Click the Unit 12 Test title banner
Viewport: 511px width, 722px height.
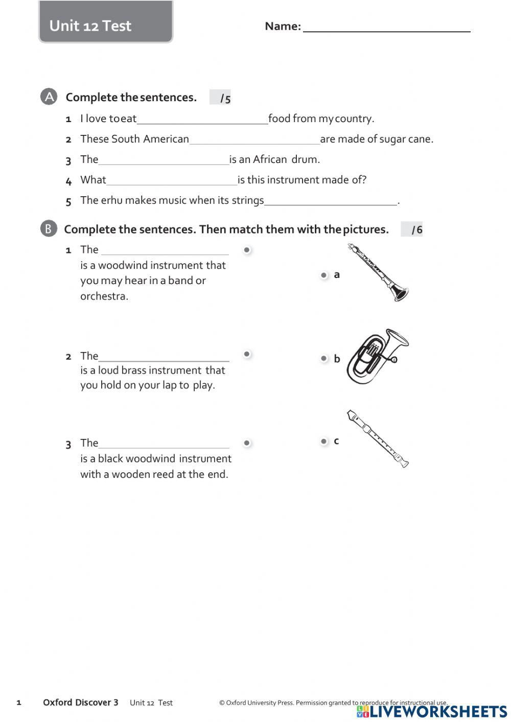106,24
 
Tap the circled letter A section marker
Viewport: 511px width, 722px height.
49,97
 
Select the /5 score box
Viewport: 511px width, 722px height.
221,98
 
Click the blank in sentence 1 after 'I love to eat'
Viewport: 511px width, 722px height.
202,119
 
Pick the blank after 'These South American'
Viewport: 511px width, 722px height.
254,139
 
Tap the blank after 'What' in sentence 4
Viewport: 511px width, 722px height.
172,180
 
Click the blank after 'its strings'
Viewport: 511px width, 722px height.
330,201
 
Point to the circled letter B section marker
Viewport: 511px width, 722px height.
48,228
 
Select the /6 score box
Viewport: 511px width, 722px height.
412,229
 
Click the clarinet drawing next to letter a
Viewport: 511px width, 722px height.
378,272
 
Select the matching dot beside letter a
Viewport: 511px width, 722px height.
323,275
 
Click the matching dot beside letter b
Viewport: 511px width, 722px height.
323,358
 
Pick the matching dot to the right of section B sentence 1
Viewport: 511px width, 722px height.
247,250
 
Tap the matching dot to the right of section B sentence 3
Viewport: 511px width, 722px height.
247,443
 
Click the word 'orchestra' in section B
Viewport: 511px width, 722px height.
103,296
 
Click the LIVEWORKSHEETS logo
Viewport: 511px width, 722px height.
432,711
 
